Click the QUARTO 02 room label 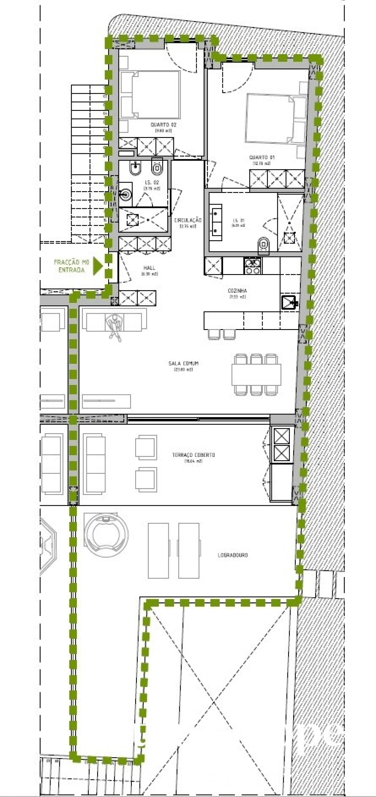[163, 125]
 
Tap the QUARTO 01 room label [262, 157]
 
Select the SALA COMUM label [184, 363]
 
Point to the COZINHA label [237, 291]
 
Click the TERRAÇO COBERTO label [193, 455]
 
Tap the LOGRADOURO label [233, 555]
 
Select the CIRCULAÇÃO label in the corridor [188, 220]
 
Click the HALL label [149, 268]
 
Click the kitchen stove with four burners [252, 266]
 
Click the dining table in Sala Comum [256, 374]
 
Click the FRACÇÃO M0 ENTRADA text [71, 266]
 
